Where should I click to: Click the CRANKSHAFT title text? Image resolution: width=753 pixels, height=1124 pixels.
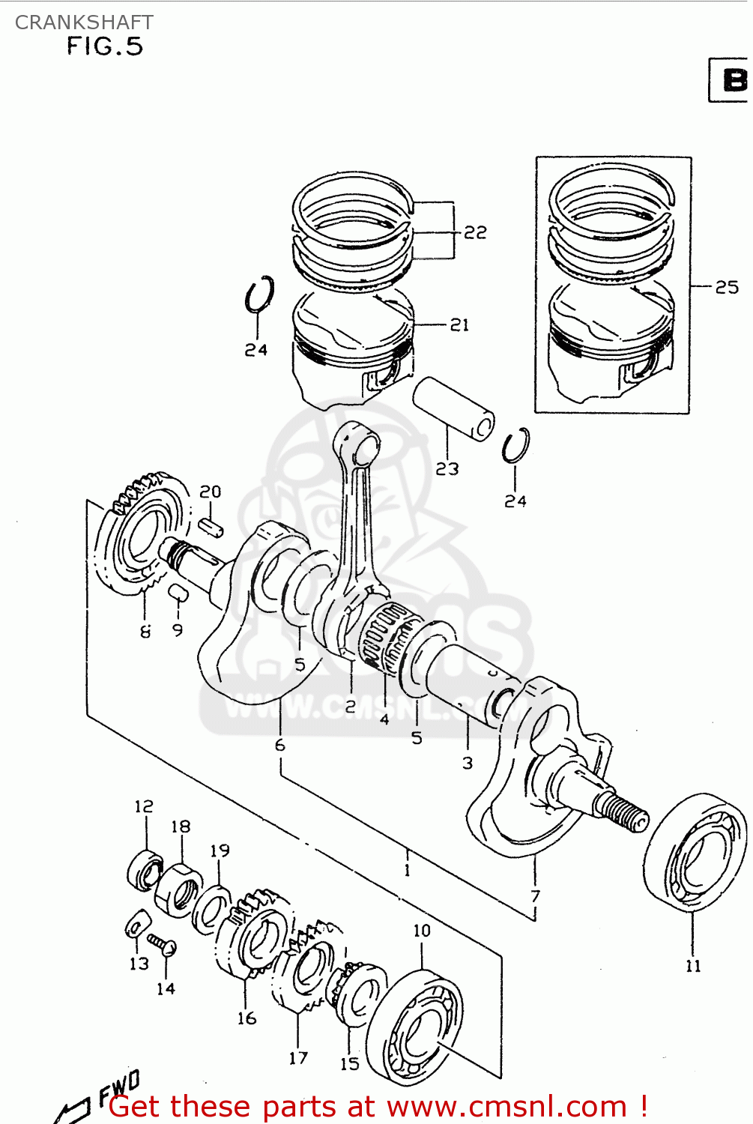point(84,22)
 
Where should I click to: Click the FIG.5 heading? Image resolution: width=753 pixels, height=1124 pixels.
point(104,46)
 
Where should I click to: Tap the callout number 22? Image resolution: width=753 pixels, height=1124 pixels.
point(475,232)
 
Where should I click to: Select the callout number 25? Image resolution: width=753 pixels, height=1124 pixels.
point(726,287)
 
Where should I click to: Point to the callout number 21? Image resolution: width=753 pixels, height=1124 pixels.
point(459,324)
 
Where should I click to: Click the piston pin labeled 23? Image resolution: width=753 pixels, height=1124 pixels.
point(454,408)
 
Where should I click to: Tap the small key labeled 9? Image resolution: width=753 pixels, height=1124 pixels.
point(177,594)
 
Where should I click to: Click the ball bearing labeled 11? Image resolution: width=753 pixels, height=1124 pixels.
point(695,851)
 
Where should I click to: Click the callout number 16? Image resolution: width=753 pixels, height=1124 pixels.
point(247,1018)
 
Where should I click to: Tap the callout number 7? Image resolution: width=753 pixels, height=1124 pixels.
point(535,895)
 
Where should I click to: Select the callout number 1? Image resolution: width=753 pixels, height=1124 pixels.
point(407,870)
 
